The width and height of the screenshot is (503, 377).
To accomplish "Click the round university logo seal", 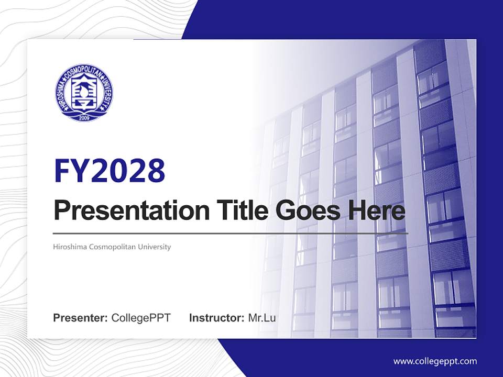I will point(84,93).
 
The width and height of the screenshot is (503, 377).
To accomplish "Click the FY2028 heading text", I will point(110,171).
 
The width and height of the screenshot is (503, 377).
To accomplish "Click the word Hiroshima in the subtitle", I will point(70,247).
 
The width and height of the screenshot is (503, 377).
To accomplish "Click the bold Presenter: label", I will point(81,318).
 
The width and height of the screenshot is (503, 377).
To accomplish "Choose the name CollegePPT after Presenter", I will point(141,318).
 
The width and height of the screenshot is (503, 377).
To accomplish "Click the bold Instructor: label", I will point(216,318).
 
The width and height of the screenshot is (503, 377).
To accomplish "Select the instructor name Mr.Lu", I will point(262,318).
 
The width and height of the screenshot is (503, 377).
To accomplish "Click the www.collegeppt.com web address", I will point(435,361).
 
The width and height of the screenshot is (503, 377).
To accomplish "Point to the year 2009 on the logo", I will point(84,117).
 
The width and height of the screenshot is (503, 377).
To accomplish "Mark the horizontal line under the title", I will point(231,233).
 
